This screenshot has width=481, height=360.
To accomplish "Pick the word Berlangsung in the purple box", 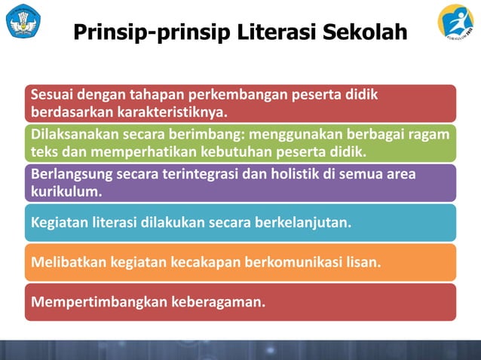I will pyautogui.click(x=71, y=175).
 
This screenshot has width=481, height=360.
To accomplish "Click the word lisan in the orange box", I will pyautogui.click(x=363, y=263).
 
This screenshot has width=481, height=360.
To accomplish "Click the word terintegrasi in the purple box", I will pyautogui.click(x=201, y=175).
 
